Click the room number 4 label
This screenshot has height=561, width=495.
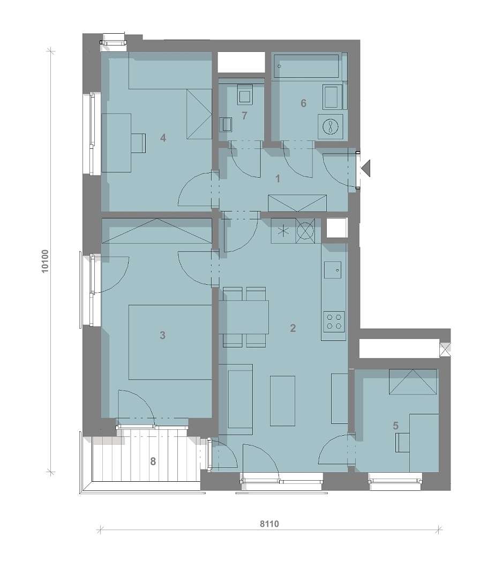tap(163, 138)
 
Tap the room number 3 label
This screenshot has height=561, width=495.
tap(163, 335)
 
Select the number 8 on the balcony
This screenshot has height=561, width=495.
tap(153, 461)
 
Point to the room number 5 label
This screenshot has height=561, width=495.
tap(395, 426)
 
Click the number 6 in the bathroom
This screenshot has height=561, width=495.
tap(303, 103)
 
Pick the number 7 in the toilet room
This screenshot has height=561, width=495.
tap(244, 116)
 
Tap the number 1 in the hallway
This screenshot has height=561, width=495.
tap(277, 179)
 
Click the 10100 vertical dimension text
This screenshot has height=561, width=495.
tap(45, 261)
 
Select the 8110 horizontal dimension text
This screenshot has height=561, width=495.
tap(269, 524)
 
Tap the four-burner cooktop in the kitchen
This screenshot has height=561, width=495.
tap(334, 321)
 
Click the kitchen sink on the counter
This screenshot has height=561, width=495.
tap(333, 270)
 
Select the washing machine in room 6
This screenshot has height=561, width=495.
tap(331, 127)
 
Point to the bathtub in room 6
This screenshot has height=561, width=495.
tap(306, 66)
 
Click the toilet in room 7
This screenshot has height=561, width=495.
tap(245, 95)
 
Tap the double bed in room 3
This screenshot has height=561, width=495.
tap(170, 342)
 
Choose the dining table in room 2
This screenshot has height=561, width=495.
tap(244, 317)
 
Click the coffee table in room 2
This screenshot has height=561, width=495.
tap(283, 401)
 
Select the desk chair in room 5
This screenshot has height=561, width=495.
tap(402, 443)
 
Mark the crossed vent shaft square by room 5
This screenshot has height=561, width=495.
tap(445, 350)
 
